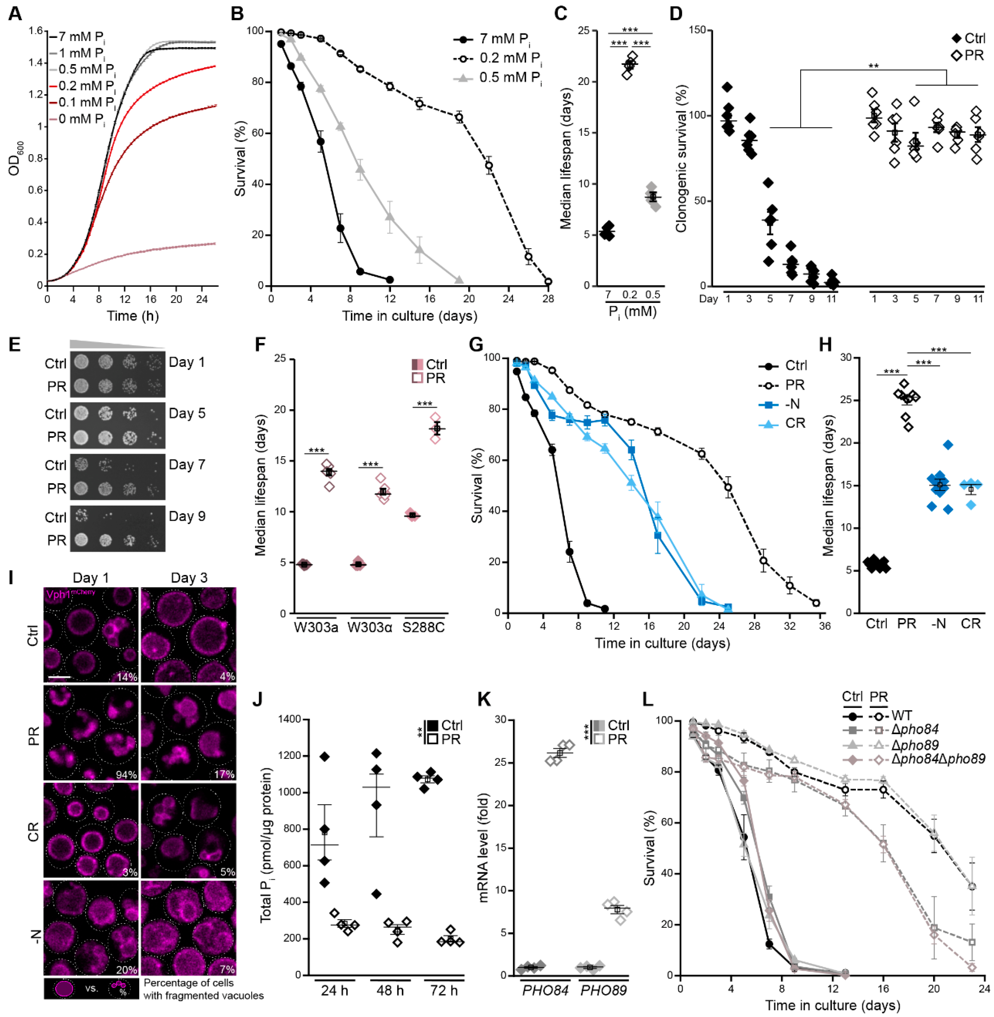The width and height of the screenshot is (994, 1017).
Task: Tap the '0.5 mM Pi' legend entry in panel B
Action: [510, 78]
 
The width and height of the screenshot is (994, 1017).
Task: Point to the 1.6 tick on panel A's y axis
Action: [35, 31]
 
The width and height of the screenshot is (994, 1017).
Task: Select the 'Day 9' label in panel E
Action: [187, 516]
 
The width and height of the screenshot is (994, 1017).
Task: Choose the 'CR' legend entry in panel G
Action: [795, 423]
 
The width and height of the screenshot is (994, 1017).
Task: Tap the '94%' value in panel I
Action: [126, 774]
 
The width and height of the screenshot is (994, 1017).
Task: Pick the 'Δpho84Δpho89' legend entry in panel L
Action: [938, 759]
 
